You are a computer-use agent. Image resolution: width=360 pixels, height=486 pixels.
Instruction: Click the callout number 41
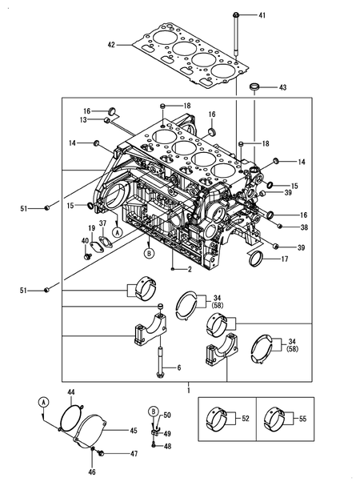[262, 15]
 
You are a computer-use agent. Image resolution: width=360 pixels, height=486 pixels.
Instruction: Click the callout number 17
[285, 259]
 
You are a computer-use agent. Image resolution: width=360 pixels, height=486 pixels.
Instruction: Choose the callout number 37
[102, 223]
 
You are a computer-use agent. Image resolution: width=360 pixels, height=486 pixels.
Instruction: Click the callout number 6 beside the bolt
[179, 368]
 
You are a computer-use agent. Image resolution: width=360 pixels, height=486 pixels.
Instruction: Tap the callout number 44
[70, 391]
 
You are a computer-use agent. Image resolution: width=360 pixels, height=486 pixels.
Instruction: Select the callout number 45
[134, 430]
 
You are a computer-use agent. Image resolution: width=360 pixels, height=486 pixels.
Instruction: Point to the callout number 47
[134, 453]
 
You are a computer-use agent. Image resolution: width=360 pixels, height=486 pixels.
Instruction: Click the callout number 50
[167, 416]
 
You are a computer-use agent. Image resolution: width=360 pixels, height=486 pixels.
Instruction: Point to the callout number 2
[189, 269]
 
